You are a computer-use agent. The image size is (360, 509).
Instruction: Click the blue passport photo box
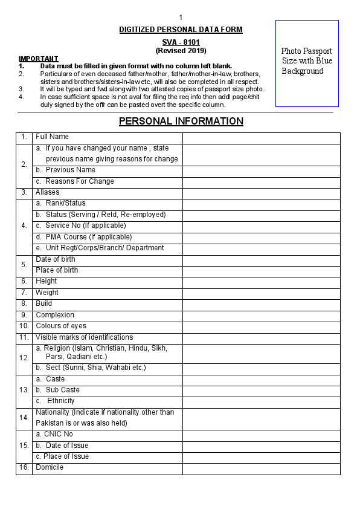(x=307, y=63)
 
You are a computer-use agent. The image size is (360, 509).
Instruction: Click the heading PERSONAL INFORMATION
(x=181, y=121)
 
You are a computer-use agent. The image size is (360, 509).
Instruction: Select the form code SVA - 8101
(x=181, y=42)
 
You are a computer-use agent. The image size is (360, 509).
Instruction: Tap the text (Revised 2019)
(x=181, y=51)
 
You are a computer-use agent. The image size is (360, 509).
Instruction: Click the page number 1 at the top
(x=181, y=17)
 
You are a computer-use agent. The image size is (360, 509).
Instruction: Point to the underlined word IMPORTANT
(x=39, y=59)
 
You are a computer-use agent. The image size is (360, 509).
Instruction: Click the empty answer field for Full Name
(x=261, y=137)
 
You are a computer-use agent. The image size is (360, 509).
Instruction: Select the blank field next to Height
(x=261, y=282)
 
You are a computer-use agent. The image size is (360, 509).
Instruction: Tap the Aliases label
(x=48, y=192)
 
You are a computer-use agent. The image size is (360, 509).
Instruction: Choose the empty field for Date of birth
(x=261, y=259)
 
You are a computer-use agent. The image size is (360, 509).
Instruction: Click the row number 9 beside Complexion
(x=24, y=315)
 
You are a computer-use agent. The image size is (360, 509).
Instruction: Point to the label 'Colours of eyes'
(x=60, y=326)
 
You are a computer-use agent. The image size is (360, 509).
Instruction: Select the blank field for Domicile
(x=261, y=468)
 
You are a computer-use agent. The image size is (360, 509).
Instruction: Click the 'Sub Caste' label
(x=62, y=390)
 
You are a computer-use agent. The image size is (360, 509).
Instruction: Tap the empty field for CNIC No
(x=261, y=435)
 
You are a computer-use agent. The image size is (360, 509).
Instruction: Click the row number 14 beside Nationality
(x=24, y=418)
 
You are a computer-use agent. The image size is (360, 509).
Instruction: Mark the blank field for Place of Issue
(x=261, y=457)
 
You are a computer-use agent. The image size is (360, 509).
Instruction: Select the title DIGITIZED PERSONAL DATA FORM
(x=181, y=29)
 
